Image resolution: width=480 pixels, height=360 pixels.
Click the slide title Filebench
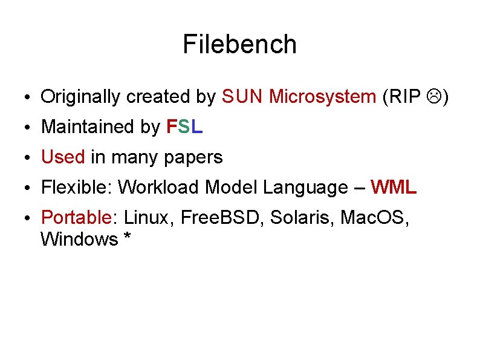pos(239,45)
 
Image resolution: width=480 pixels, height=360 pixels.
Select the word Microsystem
pos(322,96)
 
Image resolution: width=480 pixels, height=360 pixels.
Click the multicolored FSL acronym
pos(184,127)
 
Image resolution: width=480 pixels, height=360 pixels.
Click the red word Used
pos(63,157)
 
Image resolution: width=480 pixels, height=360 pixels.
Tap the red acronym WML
pos(394,188)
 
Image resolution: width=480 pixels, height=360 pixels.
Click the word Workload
pos(158,188)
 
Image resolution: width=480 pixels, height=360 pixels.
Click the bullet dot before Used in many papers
pos(28,159)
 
